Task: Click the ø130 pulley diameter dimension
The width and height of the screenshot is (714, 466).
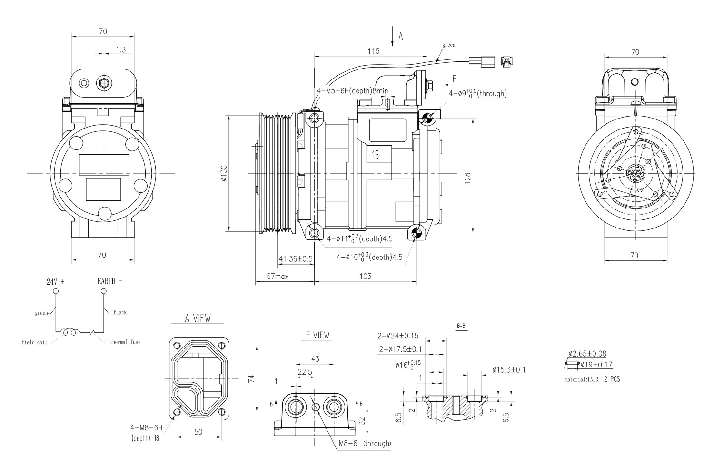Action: [x=224, y=174]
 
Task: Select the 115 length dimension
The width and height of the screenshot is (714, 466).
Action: [x=374, y=51]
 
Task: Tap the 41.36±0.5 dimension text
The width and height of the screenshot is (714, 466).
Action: [x=295, y=259]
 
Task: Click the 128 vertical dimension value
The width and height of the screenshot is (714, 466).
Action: [x=468, y=178]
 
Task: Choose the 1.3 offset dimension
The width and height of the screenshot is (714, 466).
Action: [x=120, y=49]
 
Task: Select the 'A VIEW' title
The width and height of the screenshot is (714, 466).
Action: [x=198, y=318]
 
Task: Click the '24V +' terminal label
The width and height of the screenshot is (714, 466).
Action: [x=55, y=281]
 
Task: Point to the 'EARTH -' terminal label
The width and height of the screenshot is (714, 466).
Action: [x=109, y=281]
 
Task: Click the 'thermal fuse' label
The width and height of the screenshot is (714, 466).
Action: [x=125, y=342]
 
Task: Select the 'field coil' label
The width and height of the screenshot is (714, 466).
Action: [x=34, y=342]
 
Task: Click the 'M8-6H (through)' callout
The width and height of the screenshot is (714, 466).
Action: [x=365, y=443]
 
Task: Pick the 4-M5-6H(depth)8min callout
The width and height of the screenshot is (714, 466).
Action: [x=352, y=90]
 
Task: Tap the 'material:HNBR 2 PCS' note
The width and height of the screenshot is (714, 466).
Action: [x=592, y=379]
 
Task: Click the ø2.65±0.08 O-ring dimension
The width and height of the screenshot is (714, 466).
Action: [x=587, y=354]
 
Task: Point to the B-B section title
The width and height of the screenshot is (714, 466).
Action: [x=461, y=326]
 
